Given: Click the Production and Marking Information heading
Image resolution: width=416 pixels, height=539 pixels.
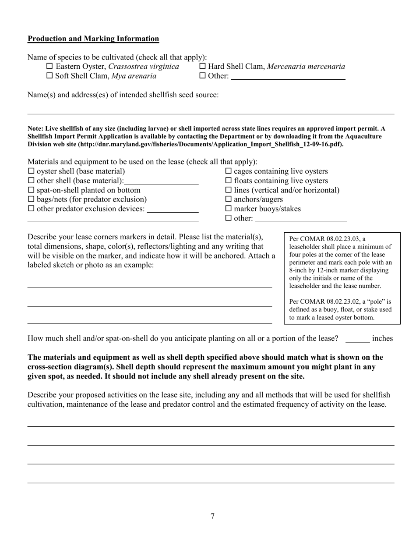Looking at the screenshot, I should (93, 39).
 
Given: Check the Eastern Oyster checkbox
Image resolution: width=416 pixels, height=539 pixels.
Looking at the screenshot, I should (49, 67).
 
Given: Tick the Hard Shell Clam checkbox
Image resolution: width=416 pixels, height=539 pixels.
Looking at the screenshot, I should (202, 67).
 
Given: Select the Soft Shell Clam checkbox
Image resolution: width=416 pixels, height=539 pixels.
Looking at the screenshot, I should (49, 76).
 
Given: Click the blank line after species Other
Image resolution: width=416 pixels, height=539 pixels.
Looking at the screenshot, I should (288, 77).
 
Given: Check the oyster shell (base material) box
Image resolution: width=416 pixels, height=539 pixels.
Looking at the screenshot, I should (31, 171).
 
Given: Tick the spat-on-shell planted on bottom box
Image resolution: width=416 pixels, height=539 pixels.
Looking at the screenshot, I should (31, 190).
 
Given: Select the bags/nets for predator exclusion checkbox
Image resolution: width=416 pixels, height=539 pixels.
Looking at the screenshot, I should (31, 199).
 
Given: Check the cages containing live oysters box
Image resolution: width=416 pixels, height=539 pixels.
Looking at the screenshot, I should (228, 171).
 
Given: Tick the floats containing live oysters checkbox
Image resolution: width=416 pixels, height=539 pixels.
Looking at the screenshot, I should (228, 181).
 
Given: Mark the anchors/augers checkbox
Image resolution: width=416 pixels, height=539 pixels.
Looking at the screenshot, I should (228, 199).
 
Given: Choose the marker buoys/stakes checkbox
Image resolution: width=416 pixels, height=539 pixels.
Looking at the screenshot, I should (228, 209).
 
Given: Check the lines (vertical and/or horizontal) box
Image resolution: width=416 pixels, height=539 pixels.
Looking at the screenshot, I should (228, 190).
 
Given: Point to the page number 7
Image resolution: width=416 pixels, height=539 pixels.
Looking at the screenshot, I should (212, 516).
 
